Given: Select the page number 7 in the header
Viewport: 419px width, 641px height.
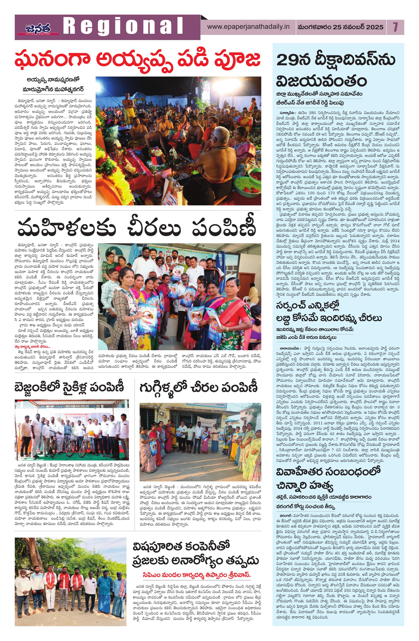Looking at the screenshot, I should click(x=395, y=27).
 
